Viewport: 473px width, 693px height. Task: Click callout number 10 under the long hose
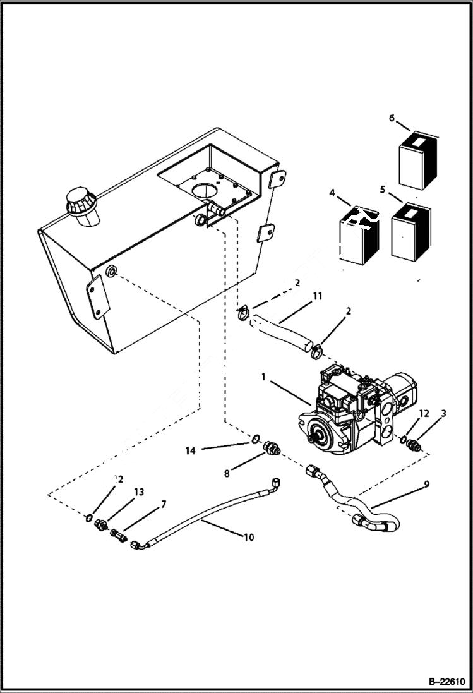click(249, 538)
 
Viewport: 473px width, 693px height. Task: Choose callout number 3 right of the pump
click(444, 413)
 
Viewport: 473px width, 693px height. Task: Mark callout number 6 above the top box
click(392, 118)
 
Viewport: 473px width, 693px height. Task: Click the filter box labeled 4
click(357, 234)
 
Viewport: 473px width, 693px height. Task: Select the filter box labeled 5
click(411, 232)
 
